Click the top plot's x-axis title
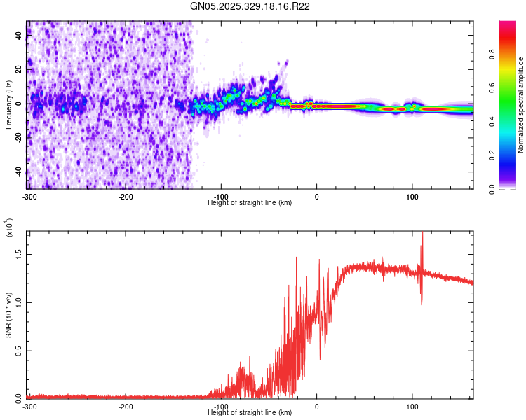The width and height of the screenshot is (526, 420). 250,202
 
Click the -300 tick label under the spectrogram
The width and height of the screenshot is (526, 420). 30,196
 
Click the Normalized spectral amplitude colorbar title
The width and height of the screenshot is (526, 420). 520,105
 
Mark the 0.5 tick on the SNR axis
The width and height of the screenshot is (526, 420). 18,350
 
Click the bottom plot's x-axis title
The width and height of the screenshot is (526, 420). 250,412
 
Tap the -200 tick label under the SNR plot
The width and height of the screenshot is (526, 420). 126,406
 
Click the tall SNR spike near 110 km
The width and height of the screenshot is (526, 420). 422,241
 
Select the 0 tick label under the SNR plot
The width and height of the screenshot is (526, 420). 316,406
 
